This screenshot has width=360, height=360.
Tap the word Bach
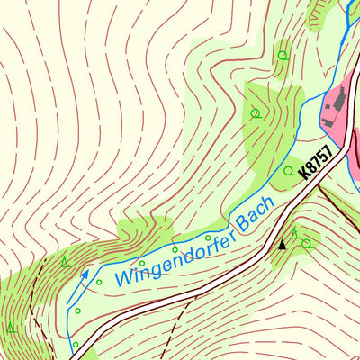[x=255, y=214]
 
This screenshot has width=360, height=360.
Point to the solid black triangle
[x=282, y=243]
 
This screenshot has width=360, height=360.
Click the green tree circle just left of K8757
[x=288, y=170]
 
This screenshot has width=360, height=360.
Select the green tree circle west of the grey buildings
[x=256, y=113]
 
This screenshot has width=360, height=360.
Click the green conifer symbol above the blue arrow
[x=66, y=262]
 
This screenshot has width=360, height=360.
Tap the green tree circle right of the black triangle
[x=306, y=242]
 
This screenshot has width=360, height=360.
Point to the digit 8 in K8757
[x=313, y=168]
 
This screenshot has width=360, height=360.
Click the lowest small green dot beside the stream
[x=76, y=344]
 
